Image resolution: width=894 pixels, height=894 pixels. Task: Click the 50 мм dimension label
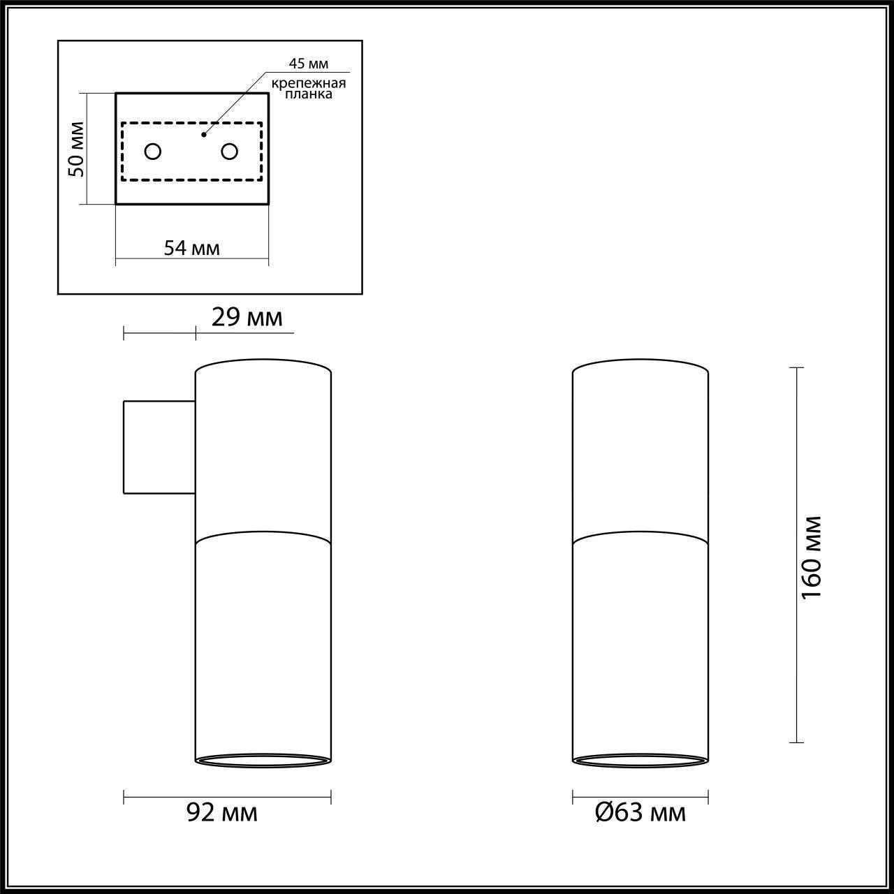[x=77, y=149]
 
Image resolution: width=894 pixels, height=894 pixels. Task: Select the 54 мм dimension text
[x=191, y=248]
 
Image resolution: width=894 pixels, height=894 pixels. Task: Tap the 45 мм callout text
[x=309, y=64]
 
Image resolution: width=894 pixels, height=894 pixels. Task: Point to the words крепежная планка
[x=309, y=89]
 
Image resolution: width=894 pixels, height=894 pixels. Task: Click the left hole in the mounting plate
[x=152, y=151]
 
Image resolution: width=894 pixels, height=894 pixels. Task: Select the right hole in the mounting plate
[x=229, y=151]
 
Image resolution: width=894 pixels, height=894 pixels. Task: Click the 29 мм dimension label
[x=247, y=318]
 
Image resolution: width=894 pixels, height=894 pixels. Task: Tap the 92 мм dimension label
[x=222, y=812]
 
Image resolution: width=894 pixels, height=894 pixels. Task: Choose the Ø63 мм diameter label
[x=640, y=812]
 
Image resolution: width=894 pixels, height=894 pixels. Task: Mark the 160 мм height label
[x=812, y=557]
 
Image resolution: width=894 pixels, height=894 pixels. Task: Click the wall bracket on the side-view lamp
[x=159, y=447]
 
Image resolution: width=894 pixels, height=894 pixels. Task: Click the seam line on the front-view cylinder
[x=640, y=536]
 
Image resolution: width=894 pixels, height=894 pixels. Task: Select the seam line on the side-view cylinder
[x=263, y=536]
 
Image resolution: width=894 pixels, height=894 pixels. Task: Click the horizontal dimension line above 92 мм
[x=227, y=796]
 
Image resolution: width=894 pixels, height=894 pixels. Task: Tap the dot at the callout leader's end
[x=203, y=133]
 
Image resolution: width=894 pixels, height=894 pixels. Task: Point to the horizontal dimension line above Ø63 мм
[x=640, y=796]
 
